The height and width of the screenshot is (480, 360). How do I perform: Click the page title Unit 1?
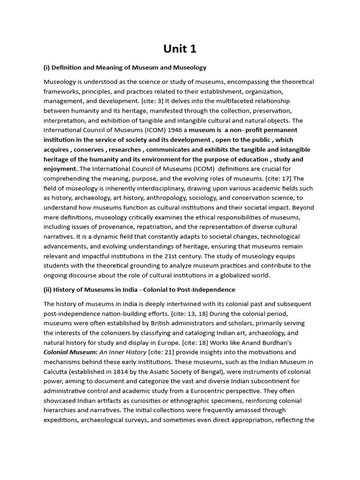click(x=180, y=49)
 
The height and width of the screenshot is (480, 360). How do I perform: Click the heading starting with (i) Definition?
click(x=125, y=67)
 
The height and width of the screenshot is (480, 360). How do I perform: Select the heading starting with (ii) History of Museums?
click(x=139, y=290)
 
